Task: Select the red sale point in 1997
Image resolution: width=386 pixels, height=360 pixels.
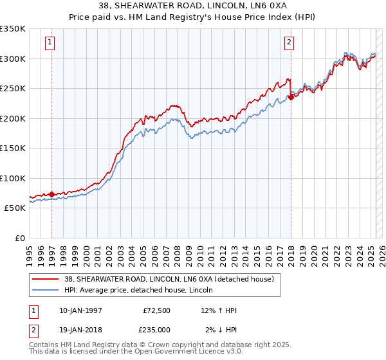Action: (x=51, y=194)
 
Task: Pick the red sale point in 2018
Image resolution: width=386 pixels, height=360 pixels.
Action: (x=291, y=97)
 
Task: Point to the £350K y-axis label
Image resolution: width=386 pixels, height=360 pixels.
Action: (x=13, y=29)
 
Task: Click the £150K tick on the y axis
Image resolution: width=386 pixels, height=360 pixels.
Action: (x=13, y=148)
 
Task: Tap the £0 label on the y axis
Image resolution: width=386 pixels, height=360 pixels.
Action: (x=19, y=238)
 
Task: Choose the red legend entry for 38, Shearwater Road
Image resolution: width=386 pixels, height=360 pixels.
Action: (x=169, y=279)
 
